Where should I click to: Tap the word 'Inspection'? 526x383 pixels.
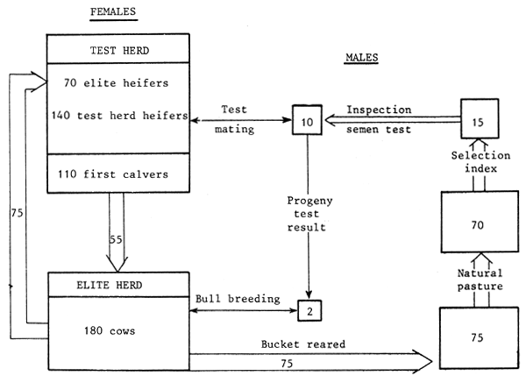380,110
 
